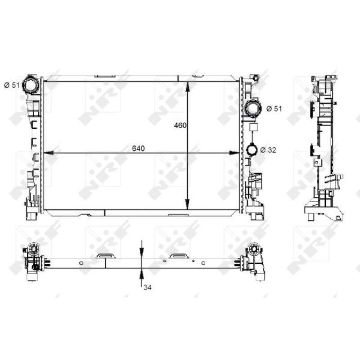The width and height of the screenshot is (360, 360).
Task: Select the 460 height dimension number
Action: pyautogui.click(x=180, y=126)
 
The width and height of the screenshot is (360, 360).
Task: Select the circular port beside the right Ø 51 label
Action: pyautogui.click(x=253, y=108)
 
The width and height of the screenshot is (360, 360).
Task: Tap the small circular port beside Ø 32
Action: pyautogui.click(x=252, y=149)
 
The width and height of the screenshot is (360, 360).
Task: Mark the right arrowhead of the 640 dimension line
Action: pyautogui.click(x=238, y=153)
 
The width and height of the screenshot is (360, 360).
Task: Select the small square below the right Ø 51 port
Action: pyautogui.click(x=252, y=128)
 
